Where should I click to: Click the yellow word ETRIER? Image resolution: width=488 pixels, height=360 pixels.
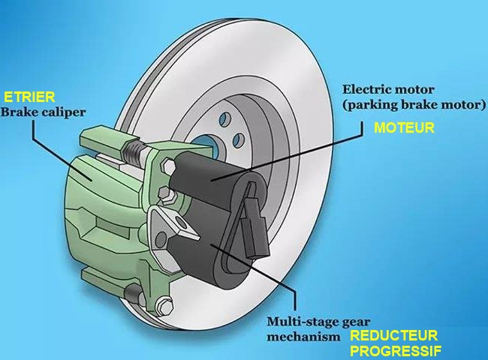tap(29, 97)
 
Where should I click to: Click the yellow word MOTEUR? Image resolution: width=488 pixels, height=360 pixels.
tap(404, 127)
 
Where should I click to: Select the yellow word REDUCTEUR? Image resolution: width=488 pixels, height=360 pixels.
tap(394, 336)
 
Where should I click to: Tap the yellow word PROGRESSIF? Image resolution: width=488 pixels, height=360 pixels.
tap(396, 351)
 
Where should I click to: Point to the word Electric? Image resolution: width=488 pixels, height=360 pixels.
tap(363, 89)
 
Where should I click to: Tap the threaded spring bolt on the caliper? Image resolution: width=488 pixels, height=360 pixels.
tap(134, 148)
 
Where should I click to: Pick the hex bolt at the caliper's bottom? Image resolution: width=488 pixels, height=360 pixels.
tap(164, 305)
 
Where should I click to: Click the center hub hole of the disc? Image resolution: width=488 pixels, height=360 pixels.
tap(205, 144)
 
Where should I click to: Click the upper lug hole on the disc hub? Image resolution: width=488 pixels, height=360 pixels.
tap(225, 119)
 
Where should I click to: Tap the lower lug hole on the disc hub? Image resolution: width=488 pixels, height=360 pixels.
tap(239, 140)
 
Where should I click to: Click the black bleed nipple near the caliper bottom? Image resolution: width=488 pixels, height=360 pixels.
tap(133, 292)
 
